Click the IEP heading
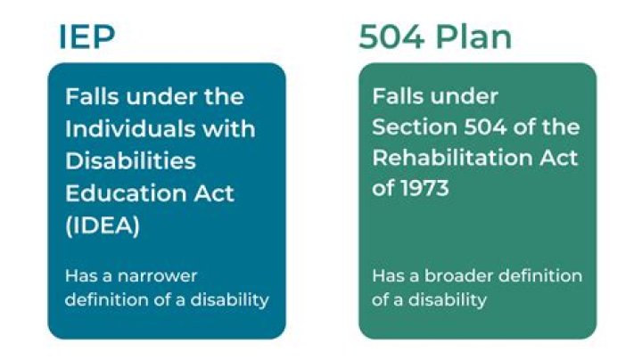click(x=87, y=37)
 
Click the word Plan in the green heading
click(x=480, y=37)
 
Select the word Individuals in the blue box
click(x=124, y=128)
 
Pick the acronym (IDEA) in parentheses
click(x=102, y=225)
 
